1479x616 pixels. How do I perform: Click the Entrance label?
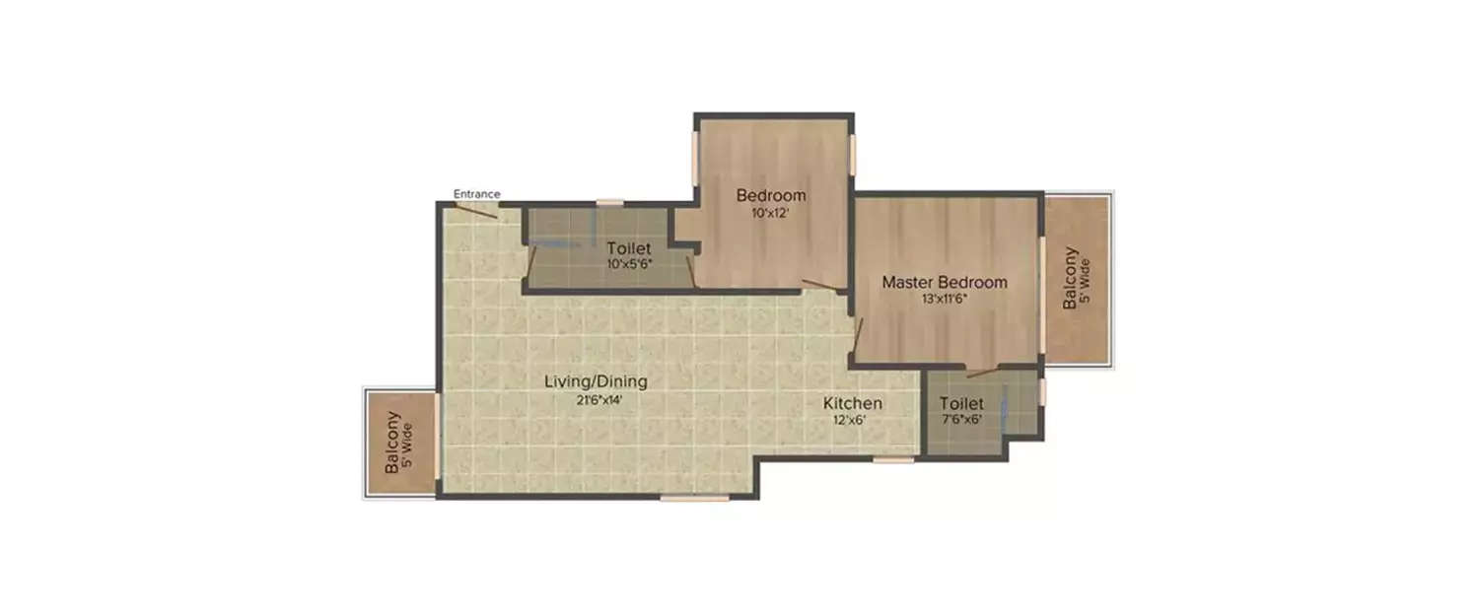point(477,193)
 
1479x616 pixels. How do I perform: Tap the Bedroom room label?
point(771,195)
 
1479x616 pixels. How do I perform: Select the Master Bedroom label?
point(945,283)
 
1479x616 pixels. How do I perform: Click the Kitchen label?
point(853,403)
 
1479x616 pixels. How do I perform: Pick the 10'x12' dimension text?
point(771,212)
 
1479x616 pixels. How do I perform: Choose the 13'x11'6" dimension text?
point(945,300)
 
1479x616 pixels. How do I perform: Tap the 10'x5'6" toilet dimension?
point(630,264)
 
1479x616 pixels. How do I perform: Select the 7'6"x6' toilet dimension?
point(961,419)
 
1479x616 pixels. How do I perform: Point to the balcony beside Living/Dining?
point(399,443)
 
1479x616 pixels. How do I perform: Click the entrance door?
point(475,210)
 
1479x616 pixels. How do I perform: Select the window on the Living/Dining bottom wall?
point(694,498)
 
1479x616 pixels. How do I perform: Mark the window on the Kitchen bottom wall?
point(893,459)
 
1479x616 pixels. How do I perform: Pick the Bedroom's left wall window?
point(696,155)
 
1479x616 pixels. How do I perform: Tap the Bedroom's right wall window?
point(853,156)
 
